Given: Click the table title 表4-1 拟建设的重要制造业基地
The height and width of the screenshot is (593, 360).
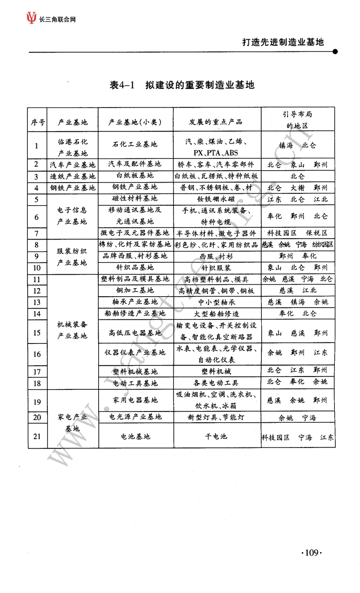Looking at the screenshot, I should [x=182, y=85].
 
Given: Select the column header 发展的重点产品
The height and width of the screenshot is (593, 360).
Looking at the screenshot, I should [x=216, y=122].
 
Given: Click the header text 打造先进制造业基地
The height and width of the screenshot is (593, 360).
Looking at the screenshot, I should [x=283, y=42].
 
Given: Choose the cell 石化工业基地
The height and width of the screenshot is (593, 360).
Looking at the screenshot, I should [x=135, y=145].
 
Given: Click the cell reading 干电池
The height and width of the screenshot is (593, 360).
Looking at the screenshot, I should [x=216, y=436].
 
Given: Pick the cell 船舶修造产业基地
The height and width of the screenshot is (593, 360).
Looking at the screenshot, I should [x=135, y=313].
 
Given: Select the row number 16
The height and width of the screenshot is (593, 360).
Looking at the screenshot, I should [x=37, y=354].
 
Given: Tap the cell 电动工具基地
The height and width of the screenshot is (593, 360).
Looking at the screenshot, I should [x=135, y=383].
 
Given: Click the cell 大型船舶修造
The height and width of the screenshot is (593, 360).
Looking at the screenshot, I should [x=216, y=313].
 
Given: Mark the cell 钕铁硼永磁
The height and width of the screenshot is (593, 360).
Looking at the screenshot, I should [x=216, y=199].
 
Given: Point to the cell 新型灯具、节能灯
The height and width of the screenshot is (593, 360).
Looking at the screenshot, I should [x=216, y=417].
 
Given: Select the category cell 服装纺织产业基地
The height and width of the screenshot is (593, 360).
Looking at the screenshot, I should [x=73, y=256].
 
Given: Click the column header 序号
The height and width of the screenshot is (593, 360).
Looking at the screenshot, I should [x=37, y=122].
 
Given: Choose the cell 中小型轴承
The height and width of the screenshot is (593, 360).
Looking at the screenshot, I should [x=216, y=302].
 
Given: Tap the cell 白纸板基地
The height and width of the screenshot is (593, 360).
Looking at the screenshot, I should [x=135, y=176].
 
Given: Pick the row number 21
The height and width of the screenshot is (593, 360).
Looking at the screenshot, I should [x=37, y=436].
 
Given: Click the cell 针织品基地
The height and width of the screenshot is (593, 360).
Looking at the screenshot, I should [x=135, y=267].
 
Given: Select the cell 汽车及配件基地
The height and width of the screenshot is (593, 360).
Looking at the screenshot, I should [x=135, y=164].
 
